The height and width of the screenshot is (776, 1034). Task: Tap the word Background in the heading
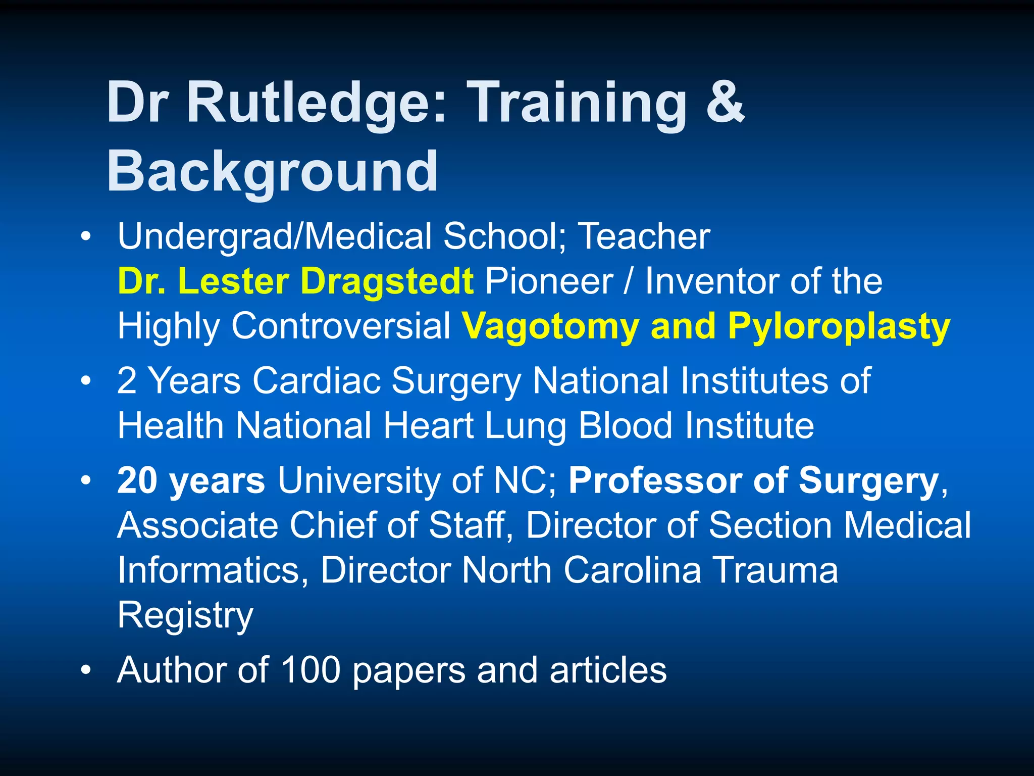coord(272,172)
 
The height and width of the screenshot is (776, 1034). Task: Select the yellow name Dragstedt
coord(387,281)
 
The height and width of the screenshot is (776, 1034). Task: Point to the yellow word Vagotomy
coord(550,326)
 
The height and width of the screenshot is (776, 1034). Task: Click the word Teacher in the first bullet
coord(644,236)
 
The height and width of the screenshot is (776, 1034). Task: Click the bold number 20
coord(137,480)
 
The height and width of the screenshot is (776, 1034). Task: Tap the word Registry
coord(185,615)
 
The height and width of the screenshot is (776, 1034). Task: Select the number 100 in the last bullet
coord(311,670)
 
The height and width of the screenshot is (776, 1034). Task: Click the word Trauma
coord(774,570)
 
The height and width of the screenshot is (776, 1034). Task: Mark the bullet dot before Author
coord(86,670)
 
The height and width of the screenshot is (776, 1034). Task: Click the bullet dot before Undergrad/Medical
coord(86,236)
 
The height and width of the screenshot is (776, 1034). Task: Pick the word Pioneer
coord(549,281)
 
